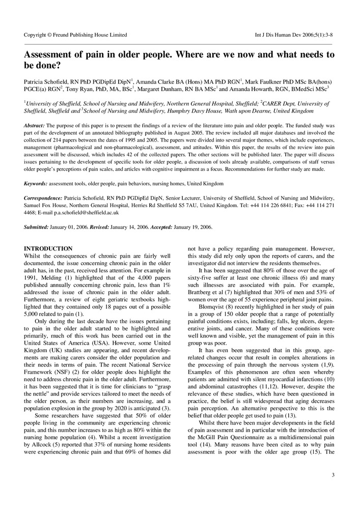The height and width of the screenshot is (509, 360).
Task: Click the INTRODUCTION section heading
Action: [x=48, y=248]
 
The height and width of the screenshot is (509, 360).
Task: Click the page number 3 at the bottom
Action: [x=333, y=475]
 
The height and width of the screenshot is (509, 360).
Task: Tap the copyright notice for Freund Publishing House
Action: [x=75, y=35]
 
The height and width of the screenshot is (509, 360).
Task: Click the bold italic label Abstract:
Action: [x=35, y=125]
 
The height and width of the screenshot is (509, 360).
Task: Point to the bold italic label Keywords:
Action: [x=36, y=183]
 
